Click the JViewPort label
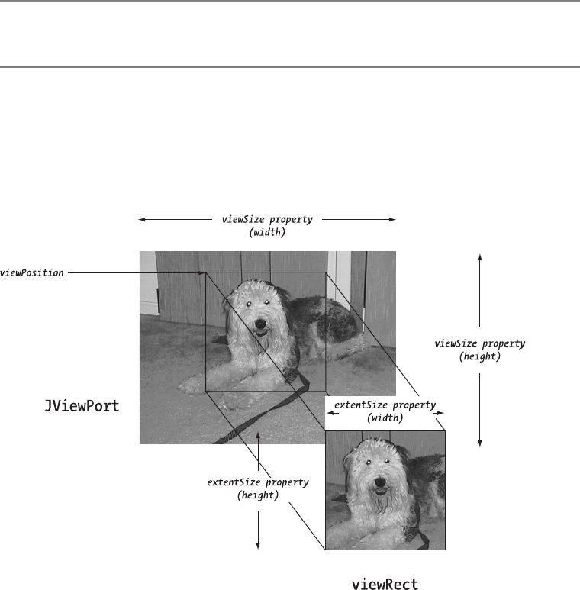click(81, 406)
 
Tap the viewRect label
click(385, 585)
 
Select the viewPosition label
click(31, 272)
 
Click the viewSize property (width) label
click(267, 226)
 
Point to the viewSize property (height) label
click(479, 350)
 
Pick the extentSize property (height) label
click(258, 488)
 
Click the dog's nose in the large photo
click(261, 324)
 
